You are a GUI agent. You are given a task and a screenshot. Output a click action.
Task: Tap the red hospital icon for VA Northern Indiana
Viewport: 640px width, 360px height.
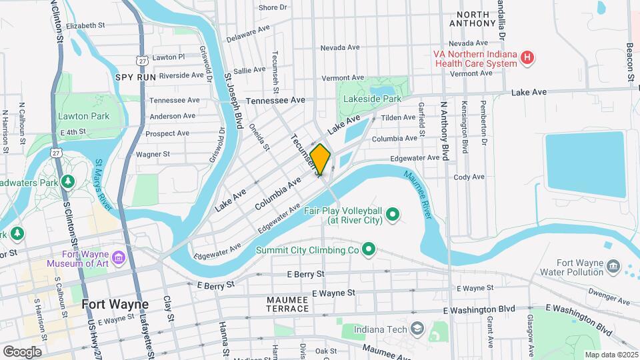point(527,58)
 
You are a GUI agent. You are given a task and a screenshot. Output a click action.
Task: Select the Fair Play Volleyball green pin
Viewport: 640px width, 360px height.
point(393,214)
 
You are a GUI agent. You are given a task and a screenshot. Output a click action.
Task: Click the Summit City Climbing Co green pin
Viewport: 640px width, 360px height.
point(367,250)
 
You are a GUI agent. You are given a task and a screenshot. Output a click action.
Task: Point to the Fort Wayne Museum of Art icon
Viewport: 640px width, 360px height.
point(119,257)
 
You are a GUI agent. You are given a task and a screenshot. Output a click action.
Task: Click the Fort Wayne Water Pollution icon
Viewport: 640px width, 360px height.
point(612,267)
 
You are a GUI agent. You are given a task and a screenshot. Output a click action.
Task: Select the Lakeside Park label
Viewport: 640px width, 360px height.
point(372,99)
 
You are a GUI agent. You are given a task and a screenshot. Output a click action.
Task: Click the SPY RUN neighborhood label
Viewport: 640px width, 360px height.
point(135,77)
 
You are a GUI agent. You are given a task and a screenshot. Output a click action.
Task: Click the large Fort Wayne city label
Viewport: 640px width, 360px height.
point(115,304)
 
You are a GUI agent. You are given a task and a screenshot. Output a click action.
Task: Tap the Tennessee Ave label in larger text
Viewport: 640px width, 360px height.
point(275,100)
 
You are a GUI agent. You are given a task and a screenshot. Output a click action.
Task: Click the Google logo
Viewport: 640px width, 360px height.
point(22,351)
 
